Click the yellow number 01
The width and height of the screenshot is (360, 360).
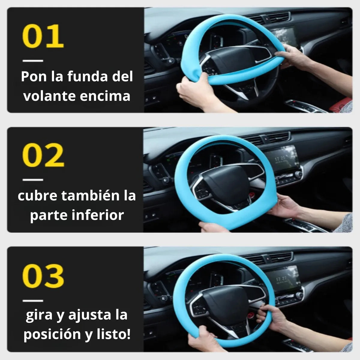point(43,36)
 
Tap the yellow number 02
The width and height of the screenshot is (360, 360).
point(43,155)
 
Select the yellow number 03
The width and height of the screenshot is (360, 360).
point(43,276)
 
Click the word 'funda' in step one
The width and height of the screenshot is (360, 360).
point(88,76)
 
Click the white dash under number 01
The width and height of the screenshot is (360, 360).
point(33,61)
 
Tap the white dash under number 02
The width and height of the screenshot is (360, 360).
point(33,180)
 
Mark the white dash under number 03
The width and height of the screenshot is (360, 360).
point(33,301)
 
